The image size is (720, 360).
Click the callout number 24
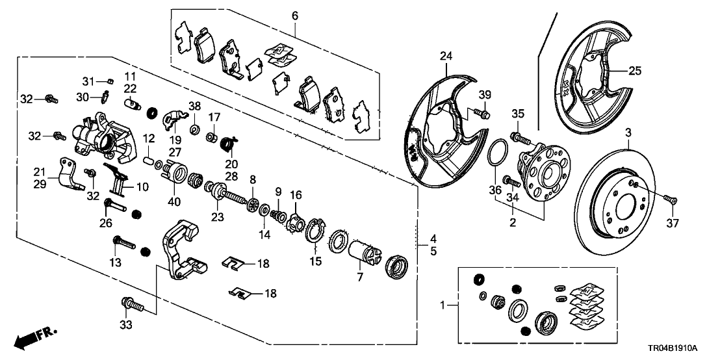click(x=445, y=57)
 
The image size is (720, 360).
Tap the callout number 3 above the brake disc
click(x=628, y=133)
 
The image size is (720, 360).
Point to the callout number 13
click(x=116, y=262)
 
